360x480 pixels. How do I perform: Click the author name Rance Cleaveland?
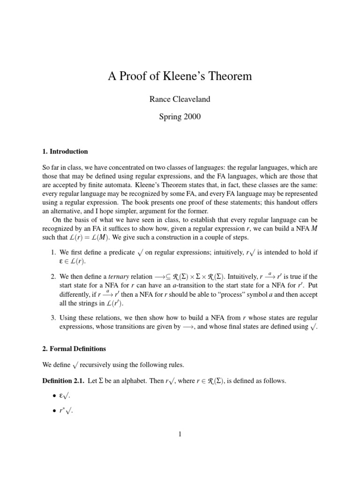[180, 99]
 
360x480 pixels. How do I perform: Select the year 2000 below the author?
[191, 117]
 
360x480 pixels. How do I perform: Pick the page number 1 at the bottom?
[180, 435]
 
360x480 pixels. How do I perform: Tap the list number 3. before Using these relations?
[53, 318]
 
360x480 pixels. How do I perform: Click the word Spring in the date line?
[169, 117]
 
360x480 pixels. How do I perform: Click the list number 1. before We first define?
[53, 253]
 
